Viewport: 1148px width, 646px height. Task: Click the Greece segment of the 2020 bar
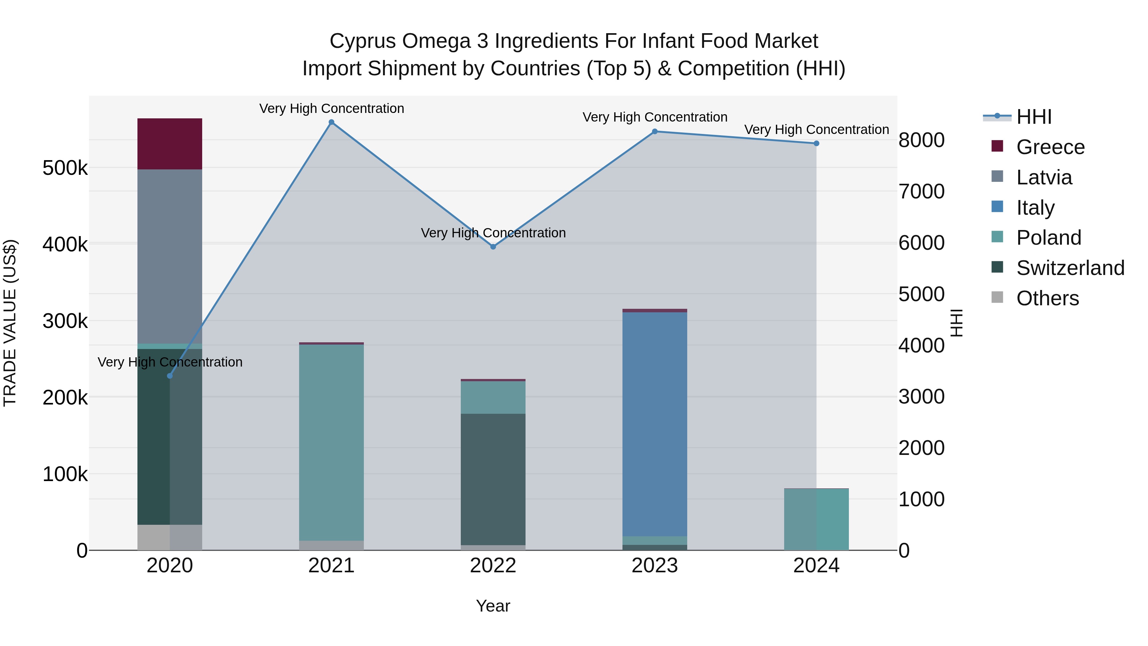pos(169,144)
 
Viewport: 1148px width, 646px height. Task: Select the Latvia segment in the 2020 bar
pos(169,256)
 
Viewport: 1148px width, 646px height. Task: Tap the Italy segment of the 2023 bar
pos(654,424)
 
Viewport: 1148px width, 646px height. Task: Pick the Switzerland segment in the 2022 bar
pos(493,479)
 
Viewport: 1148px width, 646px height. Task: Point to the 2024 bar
pos(816,519)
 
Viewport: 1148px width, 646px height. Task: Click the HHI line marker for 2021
pos(331,122)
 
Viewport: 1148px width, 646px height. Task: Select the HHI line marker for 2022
pos(493,247)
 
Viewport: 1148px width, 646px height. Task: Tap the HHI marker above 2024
pos(816,144)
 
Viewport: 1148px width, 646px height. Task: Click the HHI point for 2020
pos(169,376)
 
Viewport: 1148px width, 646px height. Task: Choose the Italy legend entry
pos(1035,208)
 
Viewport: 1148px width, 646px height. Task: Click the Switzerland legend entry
pos(1070,268)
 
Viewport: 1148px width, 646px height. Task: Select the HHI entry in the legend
pos(1034,117)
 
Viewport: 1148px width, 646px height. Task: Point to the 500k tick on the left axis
pos(65,168)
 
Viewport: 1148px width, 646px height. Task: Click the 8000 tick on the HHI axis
pos(921,140)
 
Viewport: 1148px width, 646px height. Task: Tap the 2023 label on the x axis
pos(654,566)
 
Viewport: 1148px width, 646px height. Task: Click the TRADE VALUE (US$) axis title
pos(10,323)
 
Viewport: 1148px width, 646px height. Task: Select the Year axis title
pos(493,606)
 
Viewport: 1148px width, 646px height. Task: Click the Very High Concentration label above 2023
pos(654,117)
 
